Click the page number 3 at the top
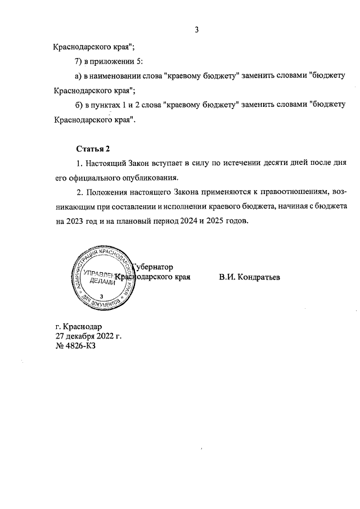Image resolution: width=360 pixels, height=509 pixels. [x=197, y=30]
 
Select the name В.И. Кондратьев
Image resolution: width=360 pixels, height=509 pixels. [x=249, y=277]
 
